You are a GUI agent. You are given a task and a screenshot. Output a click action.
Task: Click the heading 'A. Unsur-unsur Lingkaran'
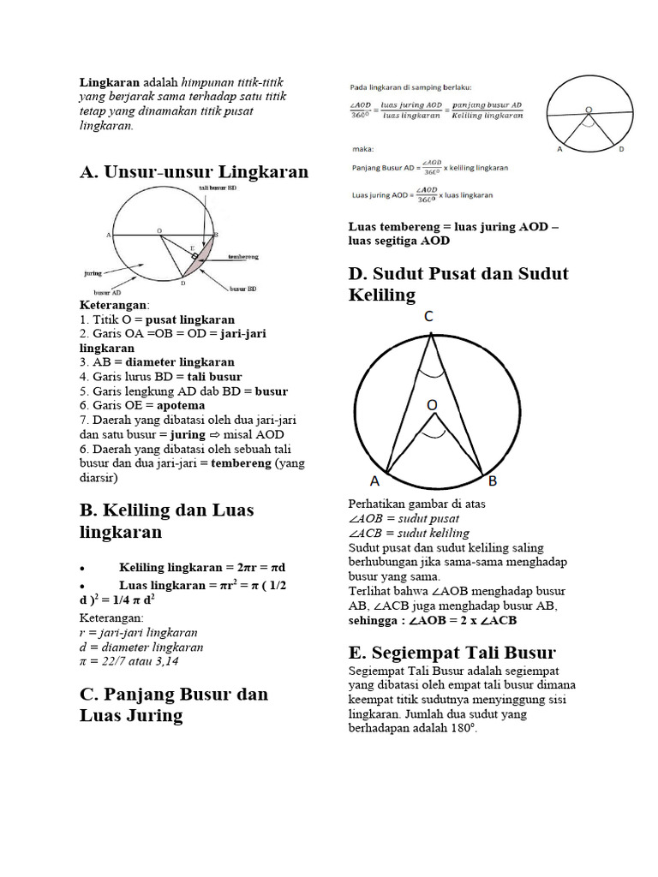194,171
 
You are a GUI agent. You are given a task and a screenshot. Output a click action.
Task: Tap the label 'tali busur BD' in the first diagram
218,188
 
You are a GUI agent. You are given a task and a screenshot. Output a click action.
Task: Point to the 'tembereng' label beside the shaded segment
244,256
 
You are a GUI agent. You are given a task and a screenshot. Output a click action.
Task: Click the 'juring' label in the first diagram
93,273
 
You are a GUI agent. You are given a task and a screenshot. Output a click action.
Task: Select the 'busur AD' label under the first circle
107,293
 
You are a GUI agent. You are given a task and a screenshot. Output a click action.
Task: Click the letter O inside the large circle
433,403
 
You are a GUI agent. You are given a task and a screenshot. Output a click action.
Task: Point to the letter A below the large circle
376,482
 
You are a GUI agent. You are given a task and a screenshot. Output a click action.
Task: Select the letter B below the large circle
493,482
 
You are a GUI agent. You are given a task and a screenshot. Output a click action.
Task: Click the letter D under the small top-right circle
621,149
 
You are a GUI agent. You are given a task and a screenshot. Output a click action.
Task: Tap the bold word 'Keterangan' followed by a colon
114,306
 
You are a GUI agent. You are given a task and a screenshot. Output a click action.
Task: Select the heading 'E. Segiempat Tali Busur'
452,652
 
